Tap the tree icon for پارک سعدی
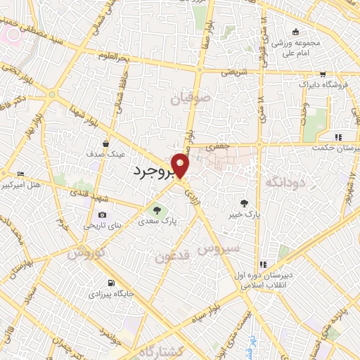[x=157, y=209]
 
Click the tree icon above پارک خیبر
[x=244, y=200]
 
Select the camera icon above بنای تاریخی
[x=103, y=214]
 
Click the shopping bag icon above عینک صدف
[x=105, y=141]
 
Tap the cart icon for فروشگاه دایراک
[x=322, y=74]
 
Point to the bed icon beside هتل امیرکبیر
[x=20, y=174]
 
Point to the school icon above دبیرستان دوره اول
[x=262, y=264]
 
